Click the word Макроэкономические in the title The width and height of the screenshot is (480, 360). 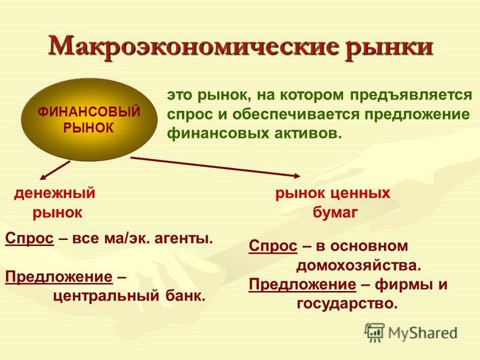(193, 47)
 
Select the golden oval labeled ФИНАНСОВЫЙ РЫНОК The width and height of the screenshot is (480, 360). (89, 119)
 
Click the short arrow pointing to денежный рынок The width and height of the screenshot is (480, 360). (55, 170)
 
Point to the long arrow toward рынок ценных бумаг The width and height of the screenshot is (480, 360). (215, 167)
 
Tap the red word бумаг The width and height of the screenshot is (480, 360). (335, 212)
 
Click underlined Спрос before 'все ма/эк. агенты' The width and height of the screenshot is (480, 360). (29, 238)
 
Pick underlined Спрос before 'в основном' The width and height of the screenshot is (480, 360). (273, 246)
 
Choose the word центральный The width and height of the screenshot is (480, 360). (106, 296)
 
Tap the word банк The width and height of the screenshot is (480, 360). (185, 296)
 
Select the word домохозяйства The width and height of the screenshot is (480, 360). (358, 266)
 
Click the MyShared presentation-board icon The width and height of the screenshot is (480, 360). (374, 333)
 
